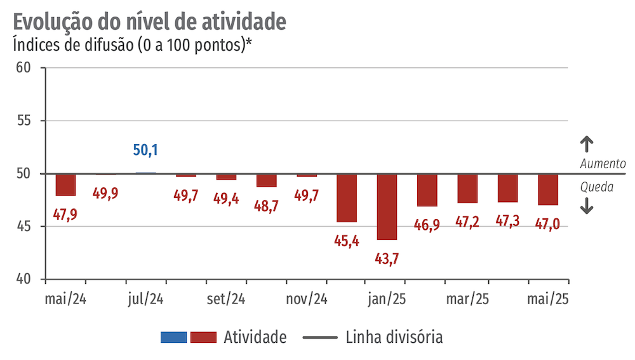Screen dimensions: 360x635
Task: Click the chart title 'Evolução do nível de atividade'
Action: pos(149,21)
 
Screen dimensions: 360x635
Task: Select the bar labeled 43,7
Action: pos(387,206)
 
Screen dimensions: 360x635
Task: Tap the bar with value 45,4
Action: pos(347,197)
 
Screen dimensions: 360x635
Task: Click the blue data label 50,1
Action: pos(145,150)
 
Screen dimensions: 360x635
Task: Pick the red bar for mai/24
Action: pos(65,185)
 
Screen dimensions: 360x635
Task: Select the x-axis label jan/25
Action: pos(387,299)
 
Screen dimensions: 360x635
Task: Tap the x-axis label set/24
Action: pos(226,299)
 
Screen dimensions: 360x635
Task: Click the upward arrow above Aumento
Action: pos(587,143)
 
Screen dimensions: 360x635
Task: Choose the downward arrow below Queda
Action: pos(587,206)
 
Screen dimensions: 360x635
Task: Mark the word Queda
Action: pos(597,187)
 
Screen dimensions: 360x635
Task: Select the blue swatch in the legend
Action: pos(173,337)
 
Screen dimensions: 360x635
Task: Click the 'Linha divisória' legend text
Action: pos(394,337)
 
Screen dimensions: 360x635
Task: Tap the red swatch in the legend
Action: pos(204,337)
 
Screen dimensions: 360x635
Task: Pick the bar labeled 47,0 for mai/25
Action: pos(548,189)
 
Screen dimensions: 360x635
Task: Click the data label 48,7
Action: pos(266,206)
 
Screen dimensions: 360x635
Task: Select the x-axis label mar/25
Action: pos(467,299)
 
